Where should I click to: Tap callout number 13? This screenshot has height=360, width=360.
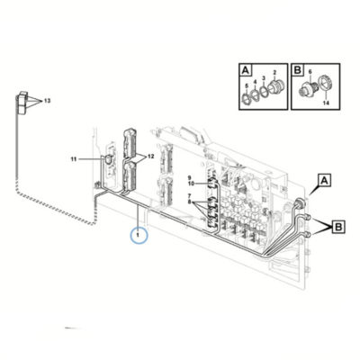[x=47, y=101]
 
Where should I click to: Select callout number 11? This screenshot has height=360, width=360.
[x=74, y=159]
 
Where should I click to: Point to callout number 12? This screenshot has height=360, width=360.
[x=150, y=157]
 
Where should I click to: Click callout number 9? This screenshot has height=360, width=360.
[x=189, y=177]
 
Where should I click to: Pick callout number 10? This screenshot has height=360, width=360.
[x=191, y=183]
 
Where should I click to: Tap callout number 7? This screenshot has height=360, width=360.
[x=189, y=196]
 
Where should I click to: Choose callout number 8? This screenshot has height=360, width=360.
[x=189, y=202]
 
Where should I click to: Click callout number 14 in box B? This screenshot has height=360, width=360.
[x=326, y=103]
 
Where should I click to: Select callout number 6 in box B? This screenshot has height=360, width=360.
[x=310, y=71]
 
